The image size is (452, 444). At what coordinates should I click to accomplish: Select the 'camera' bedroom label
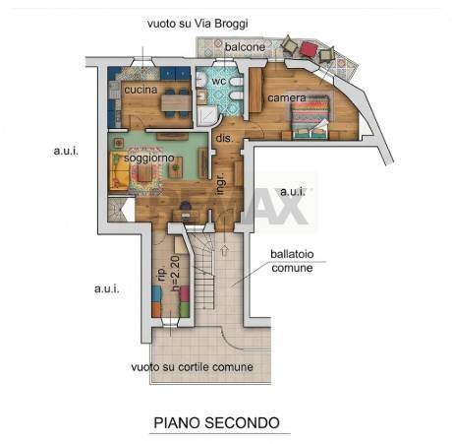pos(287,98)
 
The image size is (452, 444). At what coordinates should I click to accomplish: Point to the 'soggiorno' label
pos(148,158)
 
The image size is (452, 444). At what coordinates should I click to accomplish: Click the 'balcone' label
pos(244,46)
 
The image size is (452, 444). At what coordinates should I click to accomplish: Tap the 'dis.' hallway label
pos(223,139)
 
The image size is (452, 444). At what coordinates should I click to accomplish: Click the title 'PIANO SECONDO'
pos(216,422)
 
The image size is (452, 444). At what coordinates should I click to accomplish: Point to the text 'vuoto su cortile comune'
pos(192,367)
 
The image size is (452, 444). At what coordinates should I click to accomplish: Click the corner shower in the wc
pos(207,116)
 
